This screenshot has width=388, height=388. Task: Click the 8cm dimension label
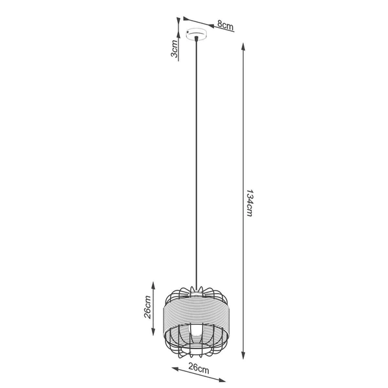[224, 25]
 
